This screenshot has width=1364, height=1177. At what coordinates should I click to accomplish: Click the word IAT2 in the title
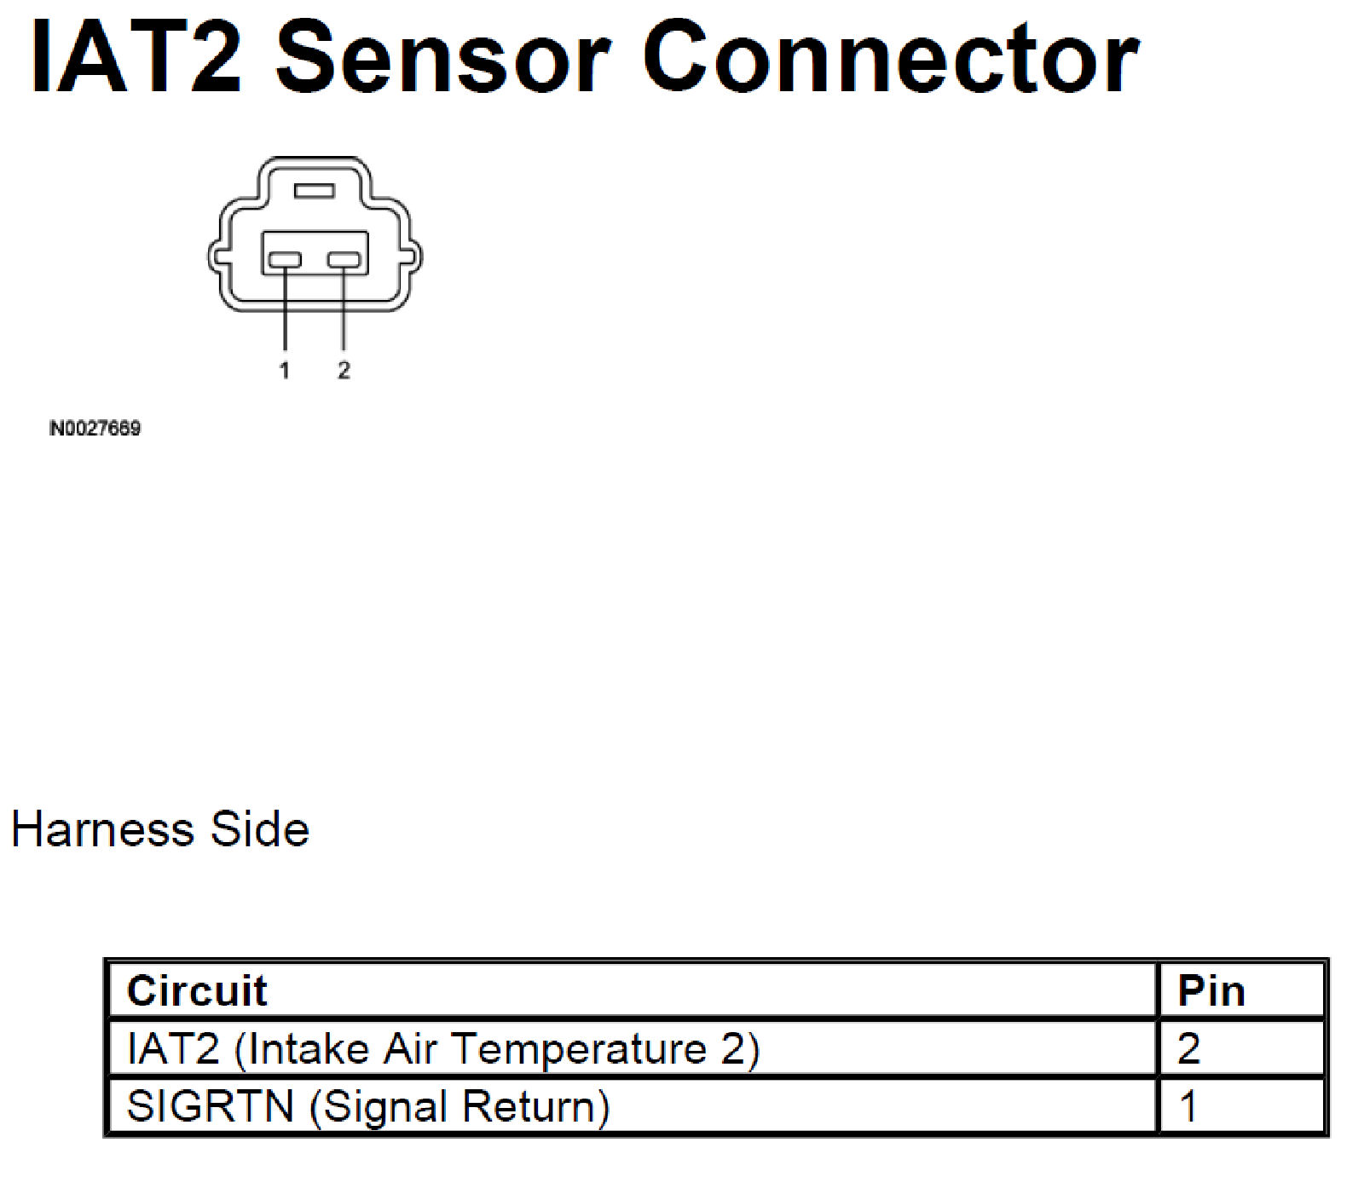136,58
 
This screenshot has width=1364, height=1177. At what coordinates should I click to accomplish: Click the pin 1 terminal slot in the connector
285,259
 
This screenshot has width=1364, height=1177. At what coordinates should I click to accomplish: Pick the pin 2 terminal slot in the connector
344,259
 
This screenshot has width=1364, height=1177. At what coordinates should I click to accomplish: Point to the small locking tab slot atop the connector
314,190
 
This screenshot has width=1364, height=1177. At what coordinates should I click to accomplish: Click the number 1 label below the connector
285,370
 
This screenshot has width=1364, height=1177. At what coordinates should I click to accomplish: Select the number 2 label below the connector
344,370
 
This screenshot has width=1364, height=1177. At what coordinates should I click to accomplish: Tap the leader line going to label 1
285,311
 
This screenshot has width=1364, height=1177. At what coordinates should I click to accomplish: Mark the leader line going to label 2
344,311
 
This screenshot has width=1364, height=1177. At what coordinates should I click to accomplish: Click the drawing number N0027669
95,428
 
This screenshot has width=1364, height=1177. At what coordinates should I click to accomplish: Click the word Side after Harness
260,829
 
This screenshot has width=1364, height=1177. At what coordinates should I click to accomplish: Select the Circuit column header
197,991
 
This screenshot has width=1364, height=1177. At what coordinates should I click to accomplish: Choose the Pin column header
1211,991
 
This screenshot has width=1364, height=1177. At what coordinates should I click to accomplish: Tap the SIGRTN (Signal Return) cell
368,1106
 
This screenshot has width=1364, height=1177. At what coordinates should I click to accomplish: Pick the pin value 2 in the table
1189,1048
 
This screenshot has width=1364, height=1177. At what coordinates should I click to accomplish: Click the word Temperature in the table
579,1048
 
